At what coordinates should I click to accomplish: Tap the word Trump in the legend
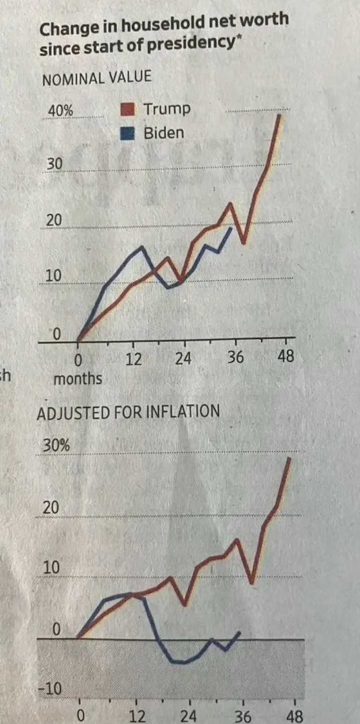coord(166,108)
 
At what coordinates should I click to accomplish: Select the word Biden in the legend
coord(163,133)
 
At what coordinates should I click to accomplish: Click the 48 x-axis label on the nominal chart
coord(287,358)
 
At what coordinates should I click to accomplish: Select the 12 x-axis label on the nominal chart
coord(133,359)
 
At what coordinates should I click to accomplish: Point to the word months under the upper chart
coord(77,378)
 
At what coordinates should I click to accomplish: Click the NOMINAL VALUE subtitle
coord(96,78)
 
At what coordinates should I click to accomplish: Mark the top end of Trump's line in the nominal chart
coord(279,115)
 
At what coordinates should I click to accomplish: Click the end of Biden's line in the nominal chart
coord(231,228)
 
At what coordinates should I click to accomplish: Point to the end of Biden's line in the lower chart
coord(240,632)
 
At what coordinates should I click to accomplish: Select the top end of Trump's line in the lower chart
coord(289,459)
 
